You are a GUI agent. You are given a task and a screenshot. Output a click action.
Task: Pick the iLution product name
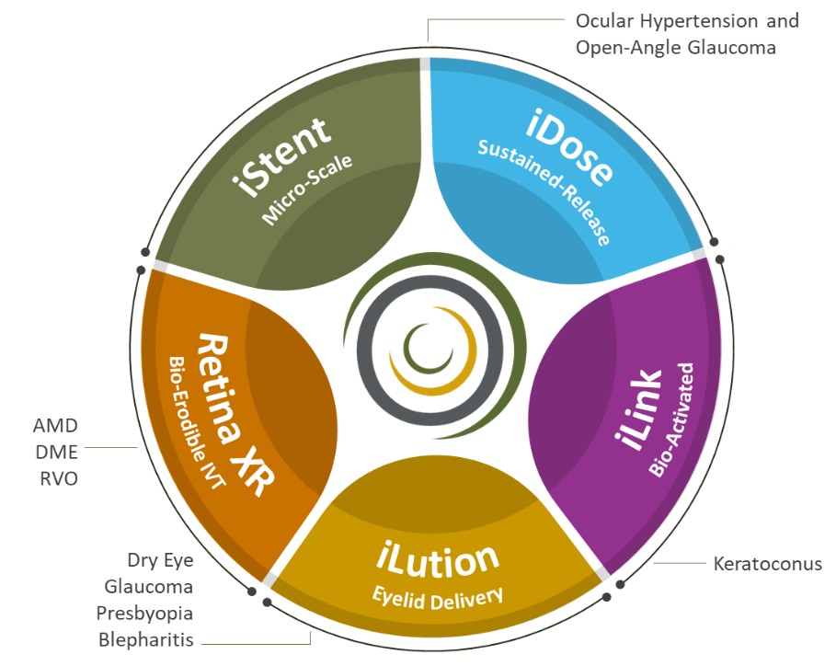pos(438,557)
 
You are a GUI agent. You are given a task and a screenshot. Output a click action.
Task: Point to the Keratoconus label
pos(767,562)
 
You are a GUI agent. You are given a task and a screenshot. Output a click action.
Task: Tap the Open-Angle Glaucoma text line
pos(676,47)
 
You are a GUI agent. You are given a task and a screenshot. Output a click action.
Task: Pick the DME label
pos(56,452)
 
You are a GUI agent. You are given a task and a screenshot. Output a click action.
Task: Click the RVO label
pos(56,477)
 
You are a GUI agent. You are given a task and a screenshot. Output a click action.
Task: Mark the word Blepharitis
pos(149,639)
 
